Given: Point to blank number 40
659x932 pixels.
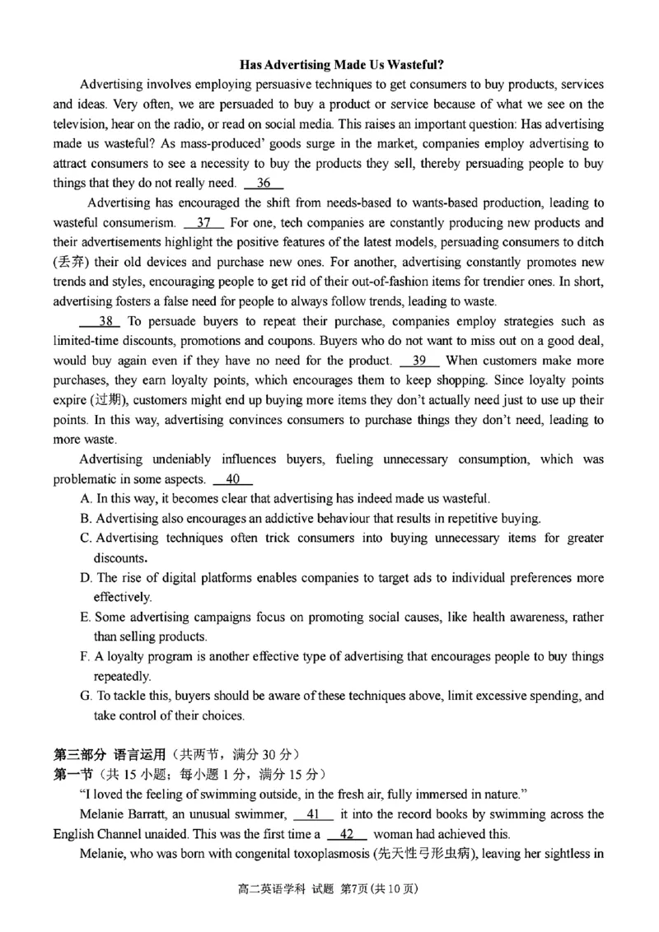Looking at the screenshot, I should coord(232,479).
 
